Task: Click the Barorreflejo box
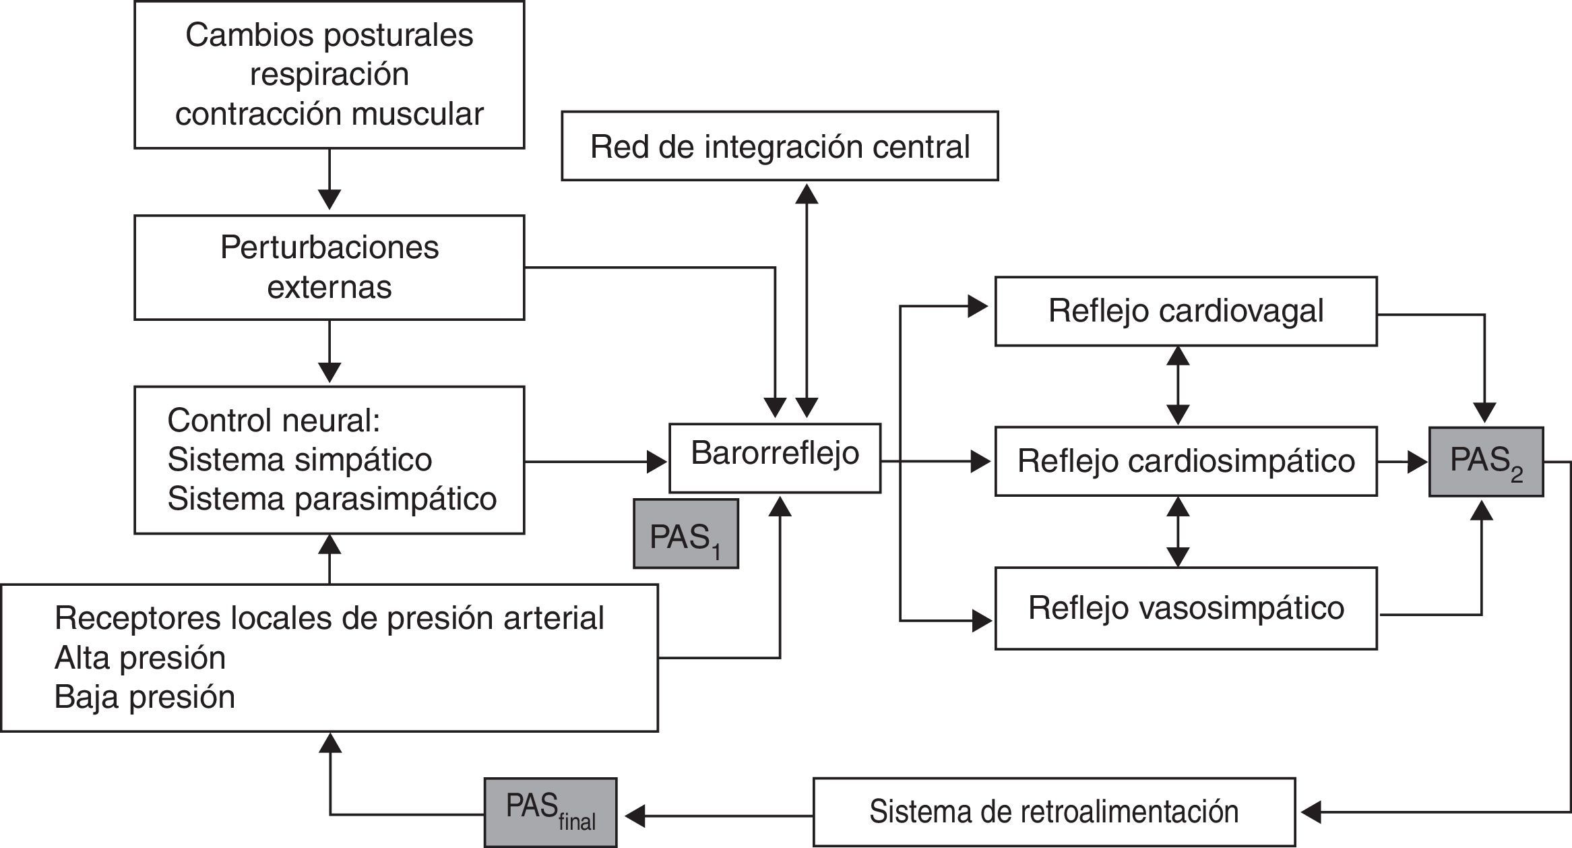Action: pyautogui.click(x=775, y=458)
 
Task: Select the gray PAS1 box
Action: pyautogui.click(x=686, y=534)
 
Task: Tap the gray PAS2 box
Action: pyautogui.click(x=1486, y=462)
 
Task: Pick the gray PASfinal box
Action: pyautogui.click(x=551, y=812)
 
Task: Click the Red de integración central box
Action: pyautogui.click(x=780, y=146)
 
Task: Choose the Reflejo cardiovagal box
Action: pyautogui.click(x=1186, y=311)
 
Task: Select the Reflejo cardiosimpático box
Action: pyautogui.click(x=1186, y=462)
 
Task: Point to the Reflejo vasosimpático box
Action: pyautogui.click(x=1186, y=608)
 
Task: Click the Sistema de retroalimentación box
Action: pyautogui.click(x=1054, y=812)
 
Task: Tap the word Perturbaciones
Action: pyautogui.click(x=329, y=247)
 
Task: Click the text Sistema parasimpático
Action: pyautogui.click(x=332, y=499)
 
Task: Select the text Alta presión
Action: pyautogui.click(x=140, y=658)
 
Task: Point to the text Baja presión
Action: pyautogui.click(x=145, y=697)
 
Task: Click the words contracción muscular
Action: pyautogui.click(x=329, y=113)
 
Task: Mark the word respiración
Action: pyautogui.click(x=329, y=74)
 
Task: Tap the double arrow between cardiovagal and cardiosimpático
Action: pyautogui.click(x=1178, y=386)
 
